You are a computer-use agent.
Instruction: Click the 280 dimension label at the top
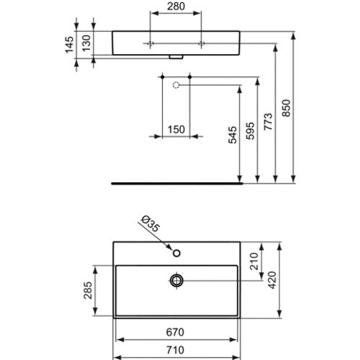point(176,6)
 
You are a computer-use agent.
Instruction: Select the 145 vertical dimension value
point(70,45)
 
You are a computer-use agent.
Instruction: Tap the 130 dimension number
point(86,43)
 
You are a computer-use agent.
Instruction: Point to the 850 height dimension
point(286,108)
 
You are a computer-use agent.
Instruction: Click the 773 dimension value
point(269,122)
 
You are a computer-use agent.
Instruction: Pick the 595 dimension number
point(251,131)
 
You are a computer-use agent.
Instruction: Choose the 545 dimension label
point(233,135)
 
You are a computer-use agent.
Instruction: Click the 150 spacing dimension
point(176,130)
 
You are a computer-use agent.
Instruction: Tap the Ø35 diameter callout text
point(150,224)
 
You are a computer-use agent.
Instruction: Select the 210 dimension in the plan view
point(254,261)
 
